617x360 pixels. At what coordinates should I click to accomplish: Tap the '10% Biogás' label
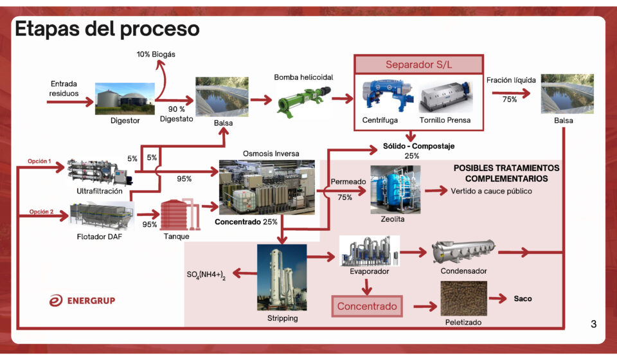coord(156,55)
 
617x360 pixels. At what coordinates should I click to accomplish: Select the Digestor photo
coord(125,98)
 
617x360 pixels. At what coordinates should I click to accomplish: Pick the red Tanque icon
coord(176,215)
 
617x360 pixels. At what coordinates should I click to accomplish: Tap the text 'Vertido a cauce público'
coord(492,191)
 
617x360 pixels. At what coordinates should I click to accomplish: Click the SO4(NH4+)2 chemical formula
coord(206,274)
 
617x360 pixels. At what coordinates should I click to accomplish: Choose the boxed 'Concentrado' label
coord(367,306)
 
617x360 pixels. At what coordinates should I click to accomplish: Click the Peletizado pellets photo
coord(463,298)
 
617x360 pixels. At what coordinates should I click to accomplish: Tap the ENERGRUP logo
coord(82,300)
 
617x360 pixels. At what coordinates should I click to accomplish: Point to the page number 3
coord(593,324)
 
